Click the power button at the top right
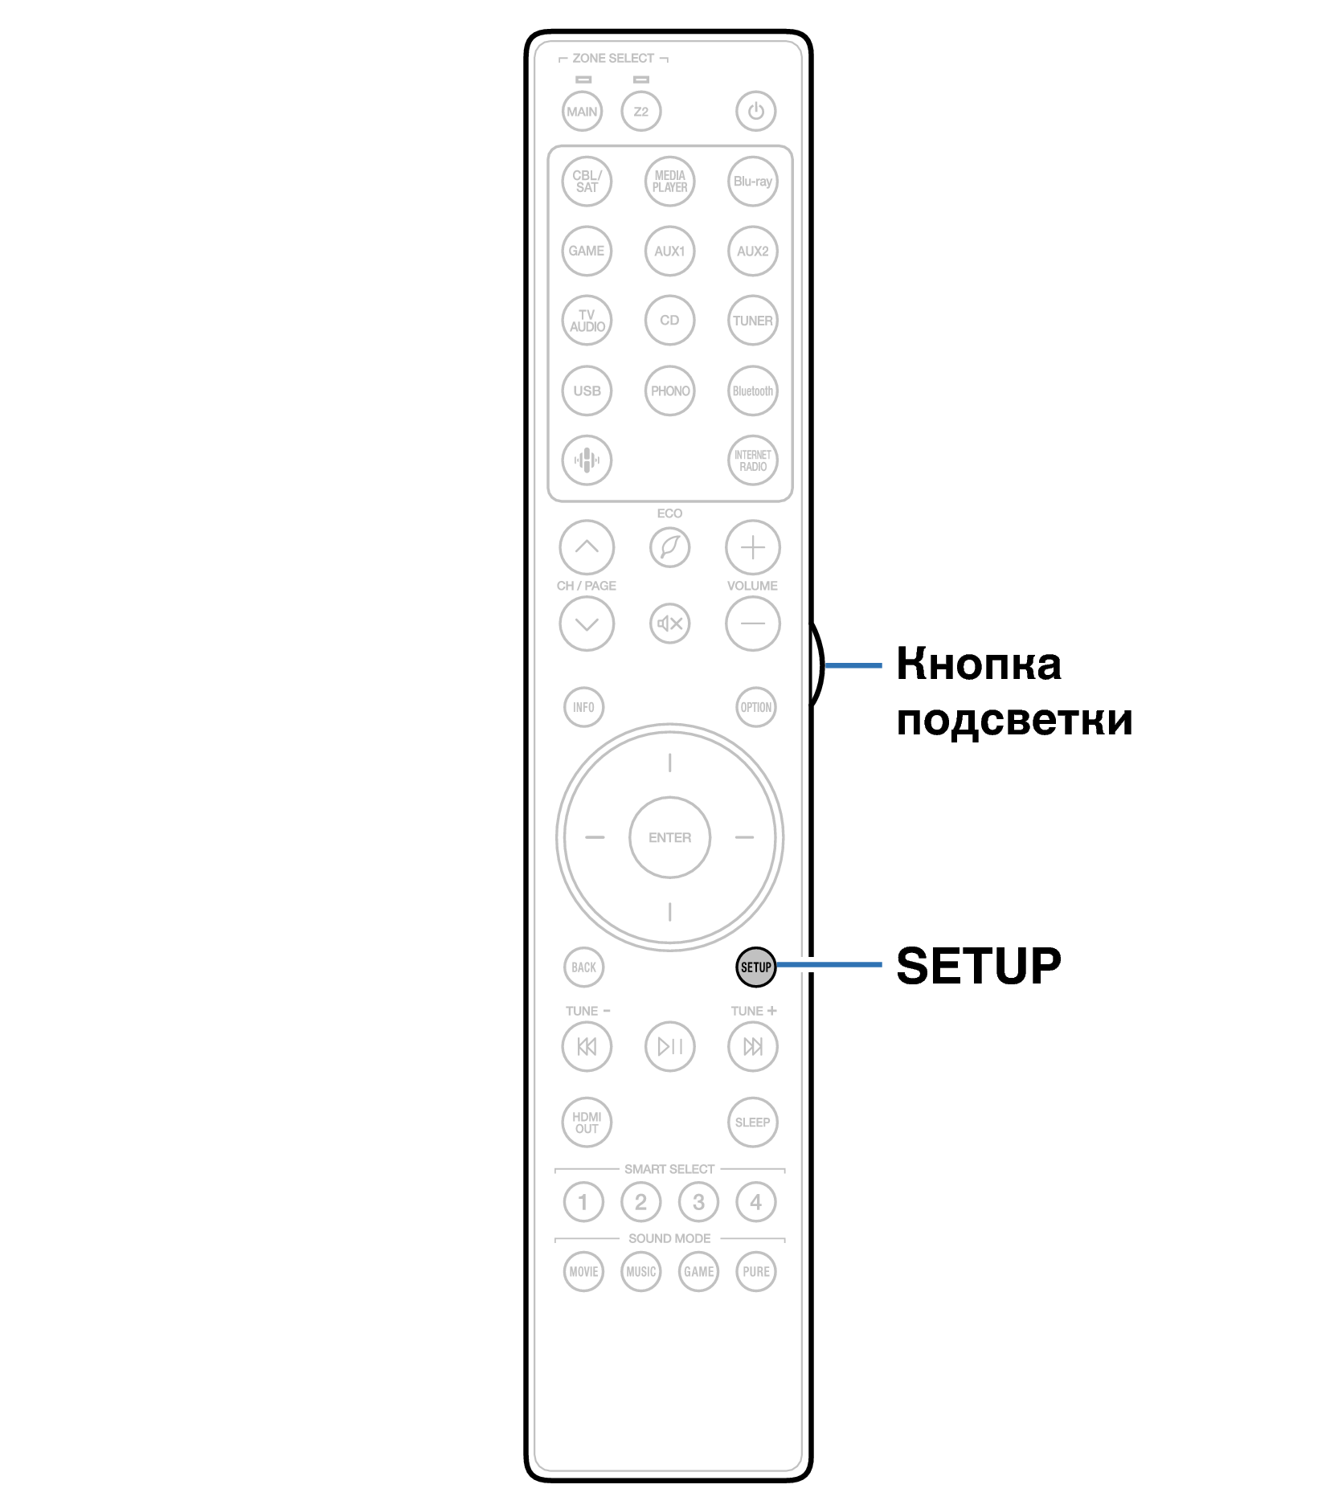click(755, 111)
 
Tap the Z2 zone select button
click(640, 111)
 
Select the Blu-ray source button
click(752, 182)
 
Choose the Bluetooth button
click(752, 391)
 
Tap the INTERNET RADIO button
click(752, 460)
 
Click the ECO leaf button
click(669, 547)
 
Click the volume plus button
click(752, 547)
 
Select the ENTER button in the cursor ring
click(669, 837)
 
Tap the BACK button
click(583, 967)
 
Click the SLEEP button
click(752, 1122)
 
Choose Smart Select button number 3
click(698, 1202)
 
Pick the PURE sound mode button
click(755, 1271)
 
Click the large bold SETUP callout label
click(978, 966)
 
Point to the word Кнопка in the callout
click(978, 665)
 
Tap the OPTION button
click(755, 707)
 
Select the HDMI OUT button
click(587, 1122)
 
